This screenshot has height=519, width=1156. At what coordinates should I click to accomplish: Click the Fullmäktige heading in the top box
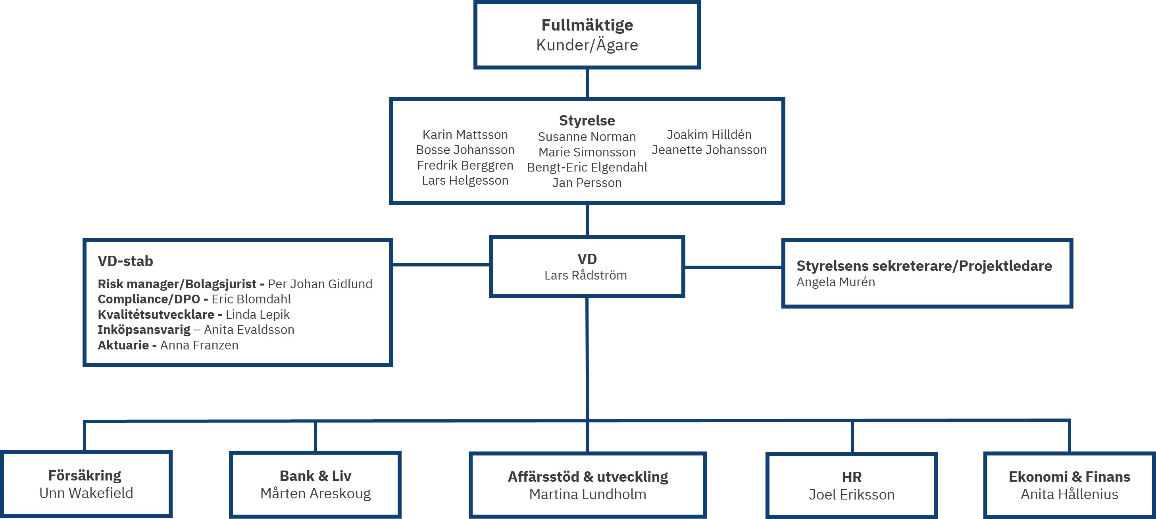587,25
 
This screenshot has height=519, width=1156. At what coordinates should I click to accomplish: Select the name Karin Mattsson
465,135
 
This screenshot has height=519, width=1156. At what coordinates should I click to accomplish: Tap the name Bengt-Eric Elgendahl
587,168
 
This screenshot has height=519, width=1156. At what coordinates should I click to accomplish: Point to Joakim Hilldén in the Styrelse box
709,135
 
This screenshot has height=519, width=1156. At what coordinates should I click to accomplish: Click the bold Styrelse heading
587,120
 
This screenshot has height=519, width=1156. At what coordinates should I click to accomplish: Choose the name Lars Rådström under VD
585,275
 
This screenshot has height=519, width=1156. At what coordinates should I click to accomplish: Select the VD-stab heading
125,261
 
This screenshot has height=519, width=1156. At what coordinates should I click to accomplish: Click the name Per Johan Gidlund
319,284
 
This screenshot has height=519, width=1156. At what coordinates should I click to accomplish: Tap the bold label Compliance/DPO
148,299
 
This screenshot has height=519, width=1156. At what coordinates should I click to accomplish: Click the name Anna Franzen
199,345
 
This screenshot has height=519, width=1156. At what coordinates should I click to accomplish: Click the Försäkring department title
85,475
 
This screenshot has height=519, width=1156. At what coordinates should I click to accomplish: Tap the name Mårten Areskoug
315,494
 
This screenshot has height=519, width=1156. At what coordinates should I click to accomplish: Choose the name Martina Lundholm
587,494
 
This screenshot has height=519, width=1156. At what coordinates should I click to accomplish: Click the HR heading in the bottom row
851,477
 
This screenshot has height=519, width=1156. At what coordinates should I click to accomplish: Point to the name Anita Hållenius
1069,494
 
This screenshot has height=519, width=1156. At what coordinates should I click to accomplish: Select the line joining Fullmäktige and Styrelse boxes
587,83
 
